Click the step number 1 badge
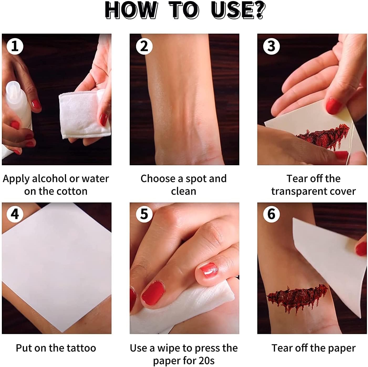(x=15, y=46)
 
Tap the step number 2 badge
(x=144, y=46)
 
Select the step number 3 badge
(x=271, y=46)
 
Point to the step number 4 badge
(x=15, y=214)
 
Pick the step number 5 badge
(x=144, y=214)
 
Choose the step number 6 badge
(x=271, y=214)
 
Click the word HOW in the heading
(x=131, y=10)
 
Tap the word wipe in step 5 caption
(x=168, y=348)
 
